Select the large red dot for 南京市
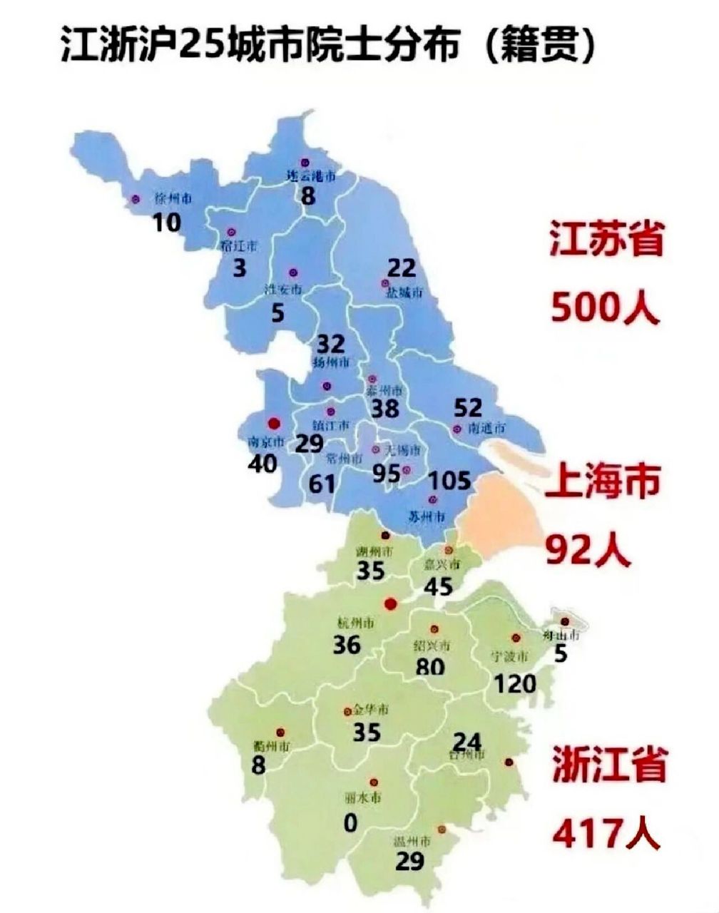click(x=271, y=423)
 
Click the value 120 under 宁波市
click(x=514, y=684)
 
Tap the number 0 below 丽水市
click(x=350, y=823)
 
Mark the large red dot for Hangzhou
click(x=389, y=604)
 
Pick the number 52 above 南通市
click(x=469, y=407)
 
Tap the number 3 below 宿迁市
click(x=240, y=270)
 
